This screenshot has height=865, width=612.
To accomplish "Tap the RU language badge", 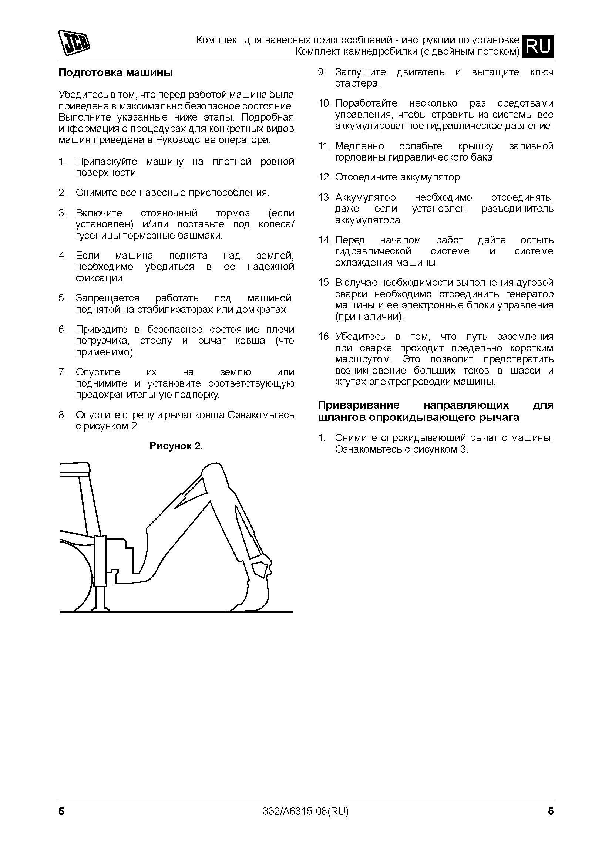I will pyautogui.click(x=538, y=46).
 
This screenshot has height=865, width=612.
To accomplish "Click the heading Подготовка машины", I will pyautogui.click(x=116, y=73).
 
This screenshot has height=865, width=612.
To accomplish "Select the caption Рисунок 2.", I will pyautogui.click(x=176, y=446).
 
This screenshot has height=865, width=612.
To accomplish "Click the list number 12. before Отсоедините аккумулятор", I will pyautogui.click(x=324, y=177).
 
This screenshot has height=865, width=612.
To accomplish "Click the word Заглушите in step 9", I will pyautogui.click(x=360, y=72).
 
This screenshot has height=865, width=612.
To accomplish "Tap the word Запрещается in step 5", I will pyautogui.click(x=107, y=298).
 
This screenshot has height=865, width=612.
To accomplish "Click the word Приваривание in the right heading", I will pyautogui.click(x=359, y=405).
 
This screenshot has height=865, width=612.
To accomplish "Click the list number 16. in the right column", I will pyautogui.click(x=324, y=337).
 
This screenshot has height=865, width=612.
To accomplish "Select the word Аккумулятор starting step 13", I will pyautogui.click(x=365, y=197).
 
